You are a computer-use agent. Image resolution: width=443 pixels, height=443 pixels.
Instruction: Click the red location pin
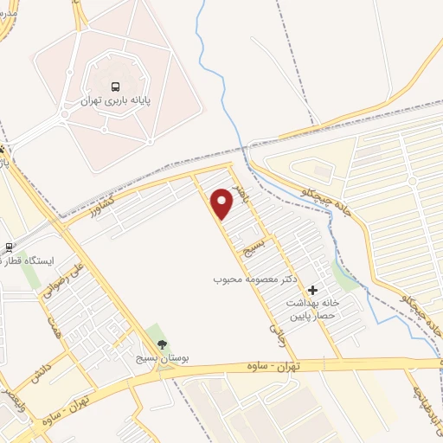[222, 202]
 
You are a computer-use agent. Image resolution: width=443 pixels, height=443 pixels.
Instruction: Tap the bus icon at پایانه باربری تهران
[115, 87]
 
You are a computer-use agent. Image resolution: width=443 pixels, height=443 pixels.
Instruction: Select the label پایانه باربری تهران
[117, 101]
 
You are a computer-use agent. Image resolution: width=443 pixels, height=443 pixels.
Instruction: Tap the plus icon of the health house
[312, 290]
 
